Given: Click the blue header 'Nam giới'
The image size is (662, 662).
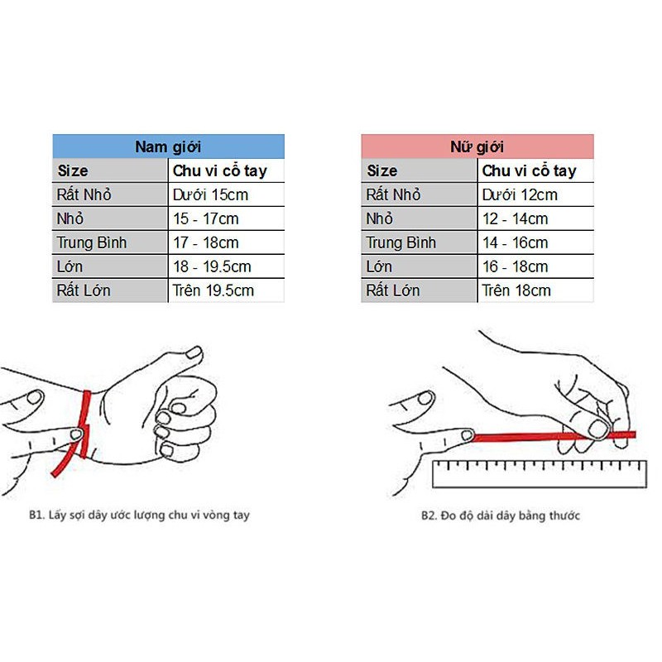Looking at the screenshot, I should pos(168,147).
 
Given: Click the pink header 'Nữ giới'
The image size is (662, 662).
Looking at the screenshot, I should pos(477,147).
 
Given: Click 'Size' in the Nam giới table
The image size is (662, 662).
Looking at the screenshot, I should pos(73,171).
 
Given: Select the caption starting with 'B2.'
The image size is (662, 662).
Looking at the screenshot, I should pos(500,516).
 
